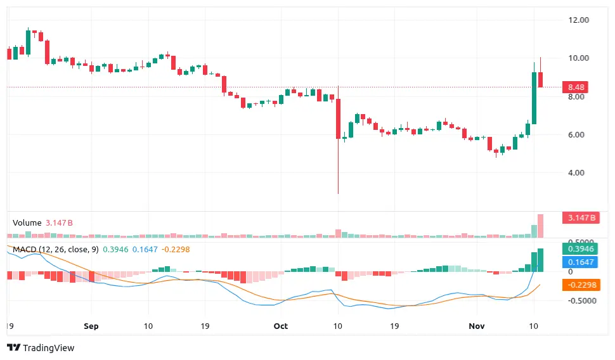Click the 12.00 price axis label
pyautogui.click(x=579, y=20)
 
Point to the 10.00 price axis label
pyautogui.click(x=579, y=58)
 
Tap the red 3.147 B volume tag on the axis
pyautogui.click(x=580, y=218)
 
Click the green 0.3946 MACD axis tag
pyautogui.click(x=580, y=248)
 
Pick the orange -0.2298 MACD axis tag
pyautogui.click(x=580, y=285)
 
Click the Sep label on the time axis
pyautogui.click(x=91, y=326)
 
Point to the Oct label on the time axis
pyautogui.click(x=280, y=326)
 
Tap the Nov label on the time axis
pyautogui.click(x=476, y=326)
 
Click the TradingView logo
pyautogui.click(x=41, y=347)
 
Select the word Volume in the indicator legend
pyautogui.click(x=27, y=223)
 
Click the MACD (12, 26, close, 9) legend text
pyautogui.click(x=56, y=250)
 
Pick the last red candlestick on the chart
pyautogui.click(x=541, y=79)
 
